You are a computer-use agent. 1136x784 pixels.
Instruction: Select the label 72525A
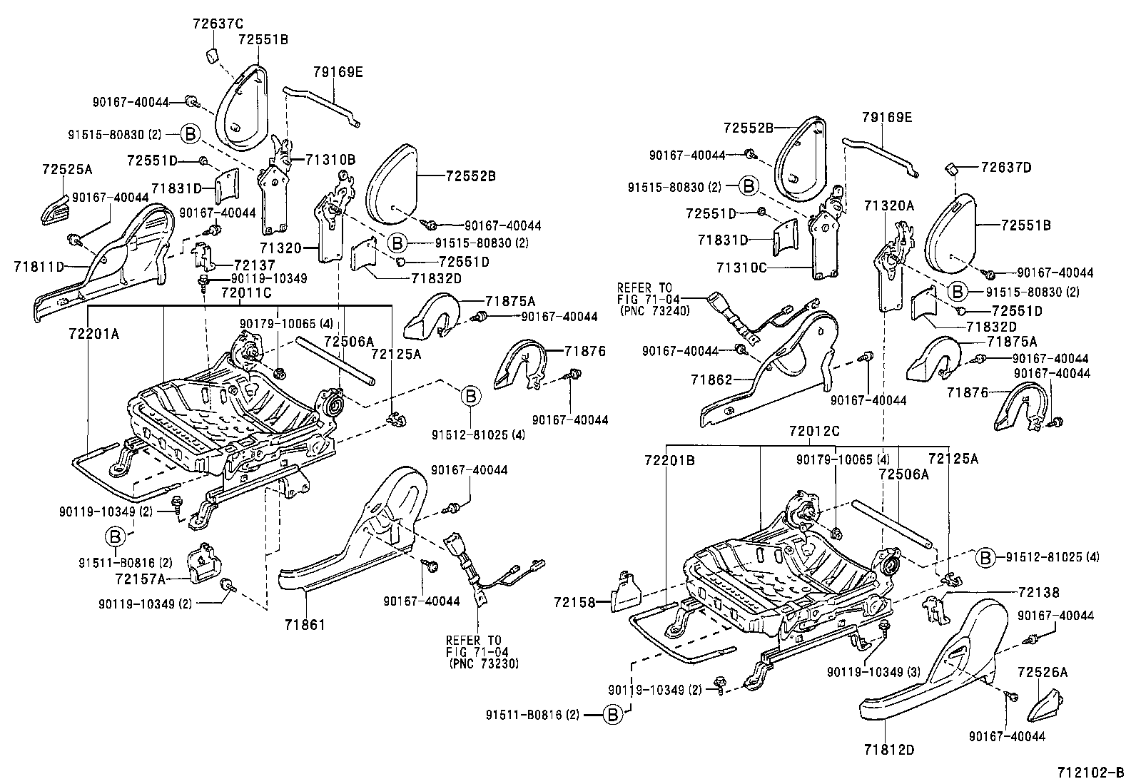67,169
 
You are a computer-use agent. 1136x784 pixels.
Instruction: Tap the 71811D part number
39,267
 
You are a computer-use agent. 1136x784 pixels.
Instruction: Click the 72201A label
93,333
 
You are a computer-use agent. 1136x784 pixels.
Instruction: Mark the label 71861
305,626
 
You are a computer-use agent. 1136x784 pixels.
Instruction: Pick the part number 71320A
888,205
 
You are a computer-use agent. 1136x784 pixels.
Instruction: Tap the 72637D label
1006,168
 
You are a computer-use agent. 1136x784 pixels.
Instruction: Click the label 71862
711,381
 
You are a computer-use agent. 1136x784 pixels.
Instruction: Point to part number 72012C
814,431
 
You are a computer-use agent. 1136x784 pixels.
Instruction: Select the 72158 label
575,603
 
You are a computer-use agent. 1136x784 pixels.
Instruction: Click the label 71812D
888,750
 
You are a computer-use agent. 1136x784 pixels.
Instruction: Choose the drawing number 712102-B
1090,773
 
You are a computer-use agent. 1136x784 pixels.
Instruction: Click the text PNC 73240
649,310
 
